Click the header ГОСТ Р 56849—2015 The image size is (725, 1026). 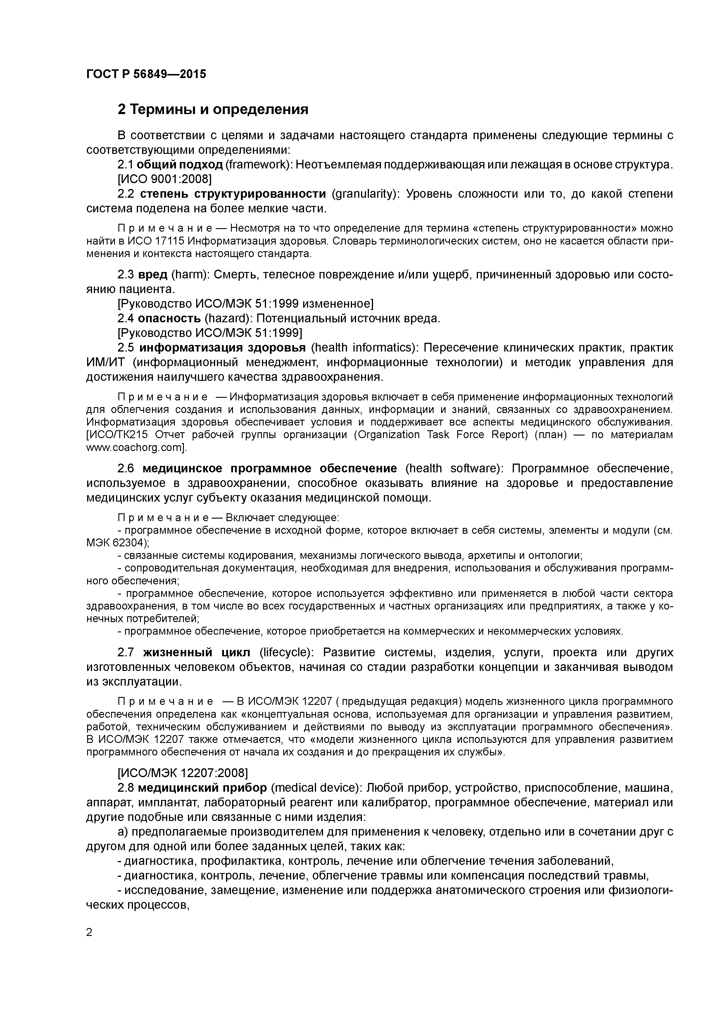[146, 74]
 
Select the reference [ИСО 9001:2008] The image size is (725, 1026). [164, 179]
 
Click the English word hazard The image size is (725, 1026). [226, 318]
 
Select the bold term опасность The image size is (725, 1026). [169, 318]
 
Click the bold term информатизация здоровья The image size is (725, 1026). [222, 348]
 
